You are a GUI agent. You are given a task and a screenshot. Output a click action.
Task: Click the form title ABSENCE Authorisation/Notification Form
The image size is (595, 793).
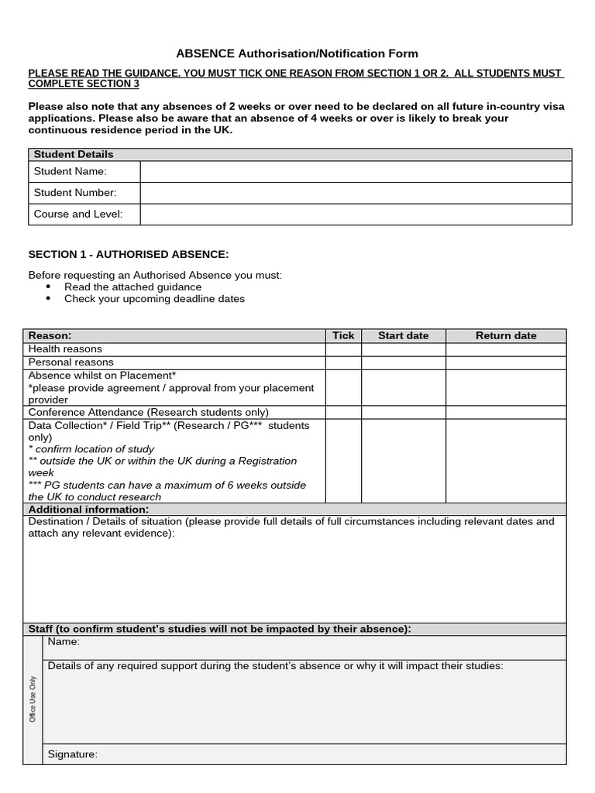pos(297,53)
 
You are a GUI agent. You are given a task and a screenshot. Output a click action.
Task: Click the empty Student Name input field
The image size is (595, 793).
pos(356,171)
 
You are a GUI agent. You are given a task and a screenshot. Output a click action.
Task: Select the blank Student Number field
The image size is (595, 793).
pos(356,193)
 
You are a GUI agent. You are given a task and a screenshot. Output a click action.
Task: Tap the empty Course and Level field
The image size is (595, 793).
pos(356,215)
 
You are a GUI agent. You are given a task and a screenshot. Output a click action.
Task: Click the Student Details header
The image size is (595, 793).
pos(74,154)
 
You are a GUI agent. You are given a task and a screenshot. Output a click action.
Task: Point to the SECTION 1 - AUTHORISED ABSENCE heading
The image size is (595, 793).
pos(129,254)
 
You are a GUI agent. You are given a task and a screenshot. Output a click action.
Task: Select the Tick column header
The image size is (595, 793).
pos(343,335)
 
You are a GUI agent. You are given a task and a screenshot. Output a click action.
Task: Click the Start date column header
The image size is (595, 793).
pos(403,335)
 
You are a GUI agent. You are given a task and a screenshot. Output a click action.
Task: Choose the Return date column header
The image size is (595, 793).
pos(505,335)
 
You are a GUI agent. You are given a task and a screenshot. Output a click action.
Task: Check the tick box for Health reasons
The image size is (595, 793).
pos(343,349)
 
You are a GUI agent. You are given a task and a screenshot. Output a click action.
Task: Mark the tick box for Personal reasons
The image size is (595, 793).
pos(343,362)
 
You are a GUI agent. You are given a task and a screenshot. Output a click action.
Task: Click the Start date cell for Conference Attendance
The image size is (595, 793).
pos(403,413)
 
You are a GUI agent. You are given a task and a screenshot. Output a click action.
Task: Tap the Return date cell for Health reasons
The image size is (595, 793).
pos(505,349)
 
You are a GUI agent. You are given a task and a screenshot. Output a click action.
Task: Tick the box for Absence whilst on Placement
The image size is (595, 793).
pos(343,387)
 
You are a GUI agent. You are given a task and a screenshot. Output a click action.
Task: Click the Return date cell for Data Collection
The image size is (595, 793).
pos(505,461)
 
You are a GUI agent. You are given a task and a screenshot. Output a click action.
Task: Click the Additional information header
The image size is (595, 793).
pos(88,510)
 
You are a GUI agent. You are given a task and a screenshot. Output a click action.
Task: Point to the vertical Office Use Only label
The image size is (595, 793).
pos(33,699)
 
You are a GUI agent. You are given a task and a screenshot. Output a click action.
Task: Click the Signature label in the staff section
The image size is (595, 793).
pos(73,754)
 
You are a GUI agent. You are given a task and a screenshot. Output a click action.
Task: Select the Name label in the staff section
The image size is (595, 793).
pos(64,642)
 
